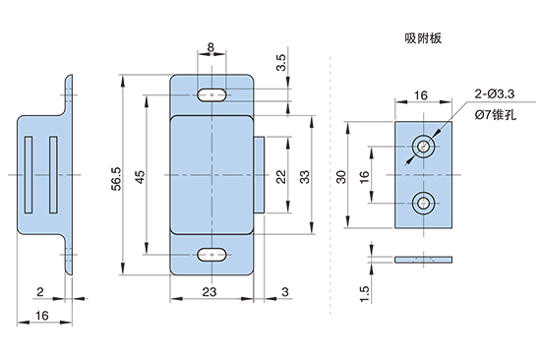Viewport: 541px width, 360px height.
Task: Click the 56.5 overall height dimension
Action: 116,178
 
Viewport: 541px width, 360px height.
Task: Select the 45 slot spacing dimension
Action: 141,177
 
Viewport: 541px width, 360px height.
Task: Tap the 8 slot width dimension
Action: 210,47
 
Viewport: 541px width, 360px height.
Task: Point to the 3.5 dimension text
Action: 281,63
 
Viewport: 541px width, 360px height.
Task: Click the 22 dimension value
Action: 281,176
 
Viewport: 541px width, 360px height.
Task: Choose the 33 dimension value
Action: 305,177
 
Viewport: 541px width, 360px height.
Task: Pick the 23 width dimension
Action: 210,292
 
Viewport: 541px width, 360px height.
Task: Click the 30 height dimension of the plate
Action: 341,177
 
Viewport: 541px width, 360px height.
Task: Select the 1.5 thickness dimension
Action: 364,294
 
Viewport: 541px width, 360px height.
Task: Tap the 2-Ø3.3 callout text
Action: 495,93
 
